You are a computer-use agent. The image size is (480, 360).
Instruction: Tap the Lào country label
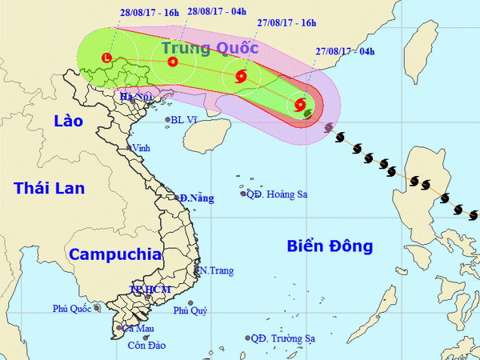[68, 121]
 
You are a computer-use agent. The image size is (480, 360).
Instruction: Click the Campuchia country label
[114, 254]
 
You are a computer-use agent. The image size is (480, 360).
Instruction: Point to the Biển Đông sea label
[330, 246]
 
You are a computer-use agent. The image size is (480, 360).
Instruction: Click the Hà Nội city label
[135, 97]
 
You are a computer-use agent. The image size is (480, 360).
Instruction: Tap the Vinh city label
[141, 148]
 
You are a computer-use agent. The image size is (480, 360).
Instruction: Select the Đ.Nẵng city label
[197, 198]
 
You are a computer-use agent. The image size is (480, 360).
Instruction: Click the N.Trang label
[217, 271]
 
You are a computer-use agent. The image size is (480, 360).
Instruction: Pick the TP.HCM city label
[150, 290]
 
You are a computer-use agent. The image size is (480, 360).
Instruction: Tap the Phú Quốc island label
[72, 308]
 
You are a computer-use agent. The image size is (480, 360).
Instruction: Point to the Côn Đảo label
[146, 346]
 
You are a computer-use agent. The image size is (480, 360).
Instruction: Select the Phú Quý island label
[191, 310]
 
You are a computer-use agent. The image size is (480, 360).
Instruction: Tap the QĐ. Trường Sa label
[281, 338]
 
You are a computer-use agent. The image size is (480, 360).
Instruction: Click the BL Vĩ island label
[185, 121]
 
